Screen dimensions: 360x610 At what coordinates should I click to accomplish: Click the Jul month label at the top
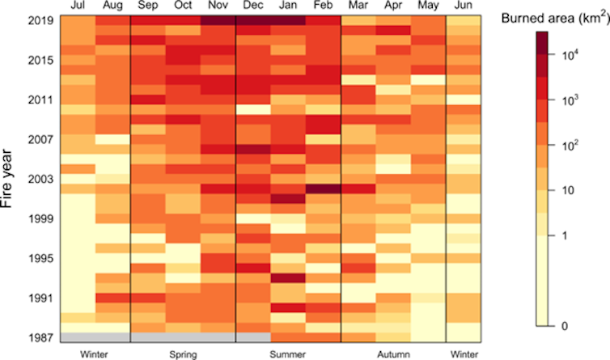pyautogui.click(x=77, y=6)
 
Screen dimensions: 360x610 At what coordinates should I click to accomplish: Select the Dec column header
pyautogui.click(x=252, y=6)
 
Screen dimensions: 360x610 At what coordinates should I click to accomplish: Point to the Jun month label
pyautogui.click(x=463, y=6)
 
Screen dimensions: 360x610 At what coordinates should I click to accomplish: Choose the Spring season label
pyautogui.click(x=183, y=354)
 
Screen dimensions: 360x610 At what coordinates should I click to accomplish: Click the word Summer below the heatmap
pyautogui.click(x=288, y=354)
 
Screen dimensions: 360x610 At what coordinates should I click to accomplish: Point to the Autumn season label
pyautogui.click(x=393, y=354)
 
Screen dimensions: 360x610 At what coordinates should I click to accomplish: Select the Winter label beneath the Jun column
pyautogui.click(x=463, y=354)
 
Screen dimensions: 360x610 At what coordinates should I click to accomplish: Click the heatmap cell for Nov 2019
pyautogui.click(x=218, y=20)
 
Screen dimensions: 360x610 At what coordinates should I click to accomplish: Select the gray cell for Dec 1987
pyautogui.click(x=252, y=337)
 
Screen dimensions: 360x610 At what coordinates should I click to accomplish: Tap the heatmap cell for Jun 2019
pyautogui.click(x=463, y=20)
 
